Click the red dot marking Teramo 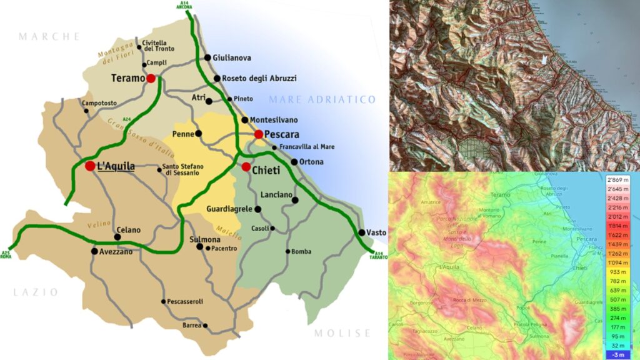pyautogui.click(x=151, y=78)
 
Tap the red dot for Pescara pyautogui.click(x=259, y=134)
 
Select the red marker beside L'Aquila pyautogui.click(x=90, y=166)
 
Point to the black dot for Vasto pyautogui.click(x=361, y=233)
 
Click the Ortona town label pyautogui.click(x=311, y=162)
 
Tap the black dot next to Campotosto pyautogui.click(x=86, y=111)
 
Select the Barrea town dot pyautogui.click(x=205, y=326)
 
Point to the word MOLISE pyautogui.click(x=342, y=333)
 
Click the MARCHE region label pyautogui.click(x=49, y=36)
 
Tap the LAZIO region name pyautogui.click(x=36, y=292)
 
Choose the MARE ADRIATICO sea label pyautogui.click(x=322, y=99)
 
